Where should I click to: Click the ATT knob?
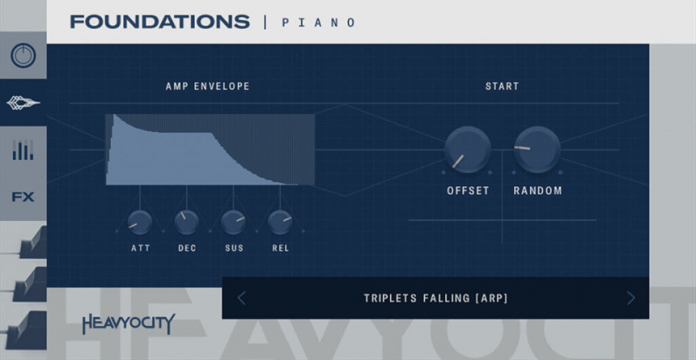tap(140, 221)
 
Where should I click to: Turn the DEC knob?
tap(187, 221)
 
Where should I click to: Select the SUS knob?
tap(233, 221)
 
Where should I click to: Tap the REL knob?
tap(280, 221)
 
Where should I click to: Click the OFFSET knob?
tap(468, 150)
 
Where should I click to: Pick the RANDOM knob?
tap(537, 150)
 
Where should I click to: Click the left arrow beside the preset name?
tap(241, 299)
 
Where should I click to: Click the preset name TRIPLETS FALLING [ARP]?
tap(435, 299)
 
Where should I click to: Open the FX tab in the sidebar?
tap(23, 196)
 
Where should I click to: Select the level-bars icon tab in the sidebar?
tap(23, 150)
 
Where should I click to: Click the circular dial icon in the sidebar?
tap(23, 56)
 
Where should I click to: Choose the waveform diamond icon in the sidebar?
tap(23, 103)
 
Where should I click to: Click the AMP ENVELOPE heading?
tap(208, 87)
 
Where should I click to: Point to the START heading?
tap(502, 87)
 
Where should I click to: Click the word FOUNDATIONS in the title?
tap(159, 22)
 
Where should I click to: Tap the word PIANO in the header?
tap(318, 23)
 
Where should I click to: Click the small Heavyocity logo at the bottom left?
tap(128, 324)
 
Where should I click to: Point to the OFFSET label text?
tap(468, 191)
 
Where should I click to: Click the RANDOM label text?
tap(537, 191)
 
